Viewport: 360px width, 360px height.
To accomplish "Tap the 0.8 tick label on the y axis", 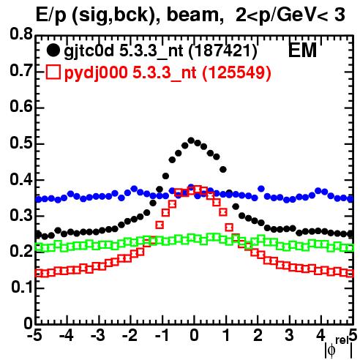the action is coord(21,34).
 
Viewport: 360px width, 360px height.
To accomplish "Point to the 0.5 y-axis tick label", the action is coord(21,143).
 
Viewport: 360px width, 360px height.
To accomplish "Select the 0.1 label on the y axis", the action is coord(21,287).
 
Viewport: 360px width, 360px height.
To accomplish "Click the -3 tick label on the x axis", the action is coord(98,335).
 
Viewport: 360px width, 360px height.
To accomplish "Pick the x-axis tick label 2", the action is coord(258,335).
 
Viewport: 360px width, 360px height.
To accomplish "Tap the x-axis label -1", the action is coord(162,335).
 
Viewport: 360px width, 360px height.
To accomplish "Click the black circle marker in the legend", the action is coord(53,50).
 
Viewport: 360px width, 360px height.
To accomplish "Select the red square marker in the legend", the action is coord(53,72).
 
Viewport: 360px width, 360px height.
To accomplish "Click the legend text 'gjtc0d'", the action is coord(89,52).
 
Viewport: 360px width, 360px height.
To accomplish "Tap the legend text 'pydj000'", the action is coord(96,73).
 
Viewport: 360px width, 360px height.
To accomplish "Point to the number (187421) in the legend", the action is coord(223,51).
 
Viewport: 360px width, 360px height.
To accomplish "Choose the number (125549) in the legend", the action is coord(237,72).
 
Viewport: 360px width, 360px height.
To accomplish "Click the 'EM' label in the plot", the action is coord(302,50).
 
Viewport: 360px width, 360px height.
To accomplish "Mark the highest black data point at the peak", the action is coord(191,140).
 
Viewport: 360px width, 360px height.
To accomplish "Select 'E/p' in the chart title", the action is coord(51,15).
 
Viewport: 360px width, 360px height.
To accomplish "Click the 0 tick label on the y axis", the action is coord(28,323).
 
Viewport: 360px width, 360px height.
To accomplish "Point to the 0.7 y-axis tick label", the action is coord(21,71).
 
